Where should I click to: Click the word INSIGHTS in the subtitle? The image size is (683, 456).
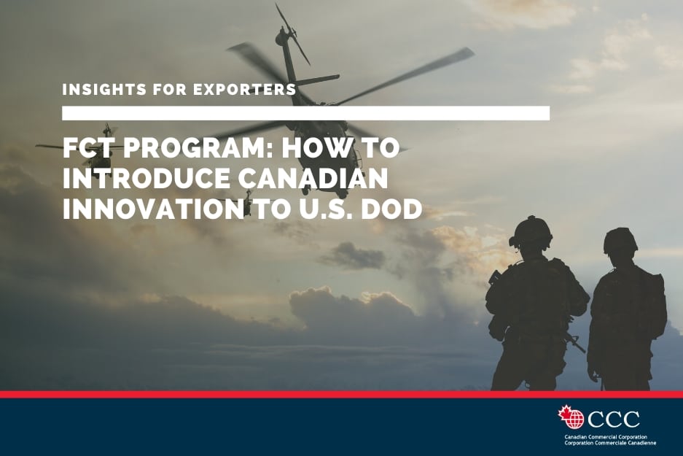click(x=104, y=89)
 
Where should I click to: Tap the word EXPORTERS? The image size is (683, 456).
click(x=244, y=89)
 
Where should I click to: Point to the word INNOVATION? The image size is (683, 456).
click(x=153, y=209)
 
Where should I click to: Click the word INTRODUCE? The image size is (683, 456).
click(x=147, y=178)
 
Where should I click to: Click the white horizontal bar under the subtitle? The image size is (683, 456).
click(x=305, y=112)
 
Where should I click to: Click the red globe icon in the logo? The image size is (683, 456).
click(x=576, y=420)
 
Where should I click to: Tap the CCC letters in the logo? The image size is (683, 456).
click(x=614, y=419)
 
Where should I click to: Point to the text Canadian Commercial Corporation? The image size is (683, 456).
click(x=606, y=437)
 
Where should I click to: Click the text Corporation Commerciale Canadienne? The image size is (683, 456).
click(x=610, y=442)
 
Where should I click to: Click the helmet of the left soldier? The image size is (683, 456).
click(x=531, y=232)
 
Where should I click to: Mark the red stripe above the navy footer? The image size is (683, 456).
click(x=341, y=394)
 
